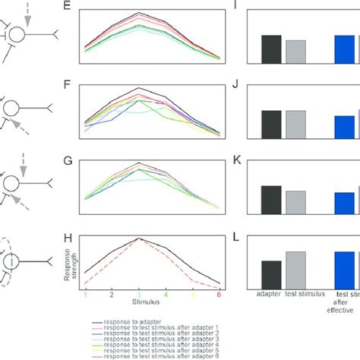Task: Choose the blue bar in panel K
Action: [344, 203]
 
